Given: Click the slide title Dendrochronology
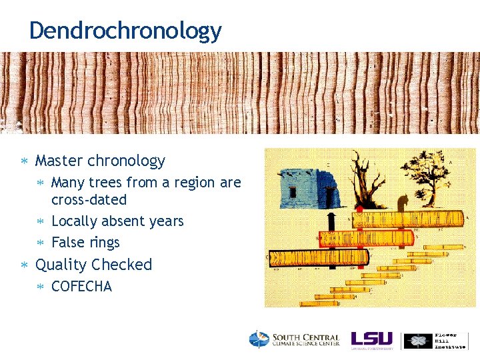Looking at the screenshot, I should coord(125,31).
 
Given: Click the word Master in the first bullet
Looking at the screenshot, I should coord(59,161).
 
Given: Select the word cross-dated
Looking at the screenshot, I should coord(89,200).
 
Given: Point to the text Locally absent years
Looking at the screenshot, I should coord(117,221).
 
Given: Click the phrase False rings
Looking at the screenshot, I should coord(85,243).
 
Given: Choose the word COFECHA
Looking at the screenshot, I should coord(81,287).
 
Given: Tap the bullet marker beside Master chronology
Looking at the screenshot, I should coord(25,161).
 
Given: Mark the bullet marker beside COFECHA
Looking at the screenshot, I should coord(41,287).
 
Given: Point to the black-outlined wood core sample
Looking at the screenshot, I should coord(318,257).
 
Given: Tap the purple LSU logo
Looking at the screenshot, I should coord(371,339).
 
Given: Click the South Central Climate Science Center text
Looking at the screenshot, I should coord(305,340).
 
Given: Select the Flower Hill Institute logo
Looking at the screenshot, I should coord(435,340).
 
